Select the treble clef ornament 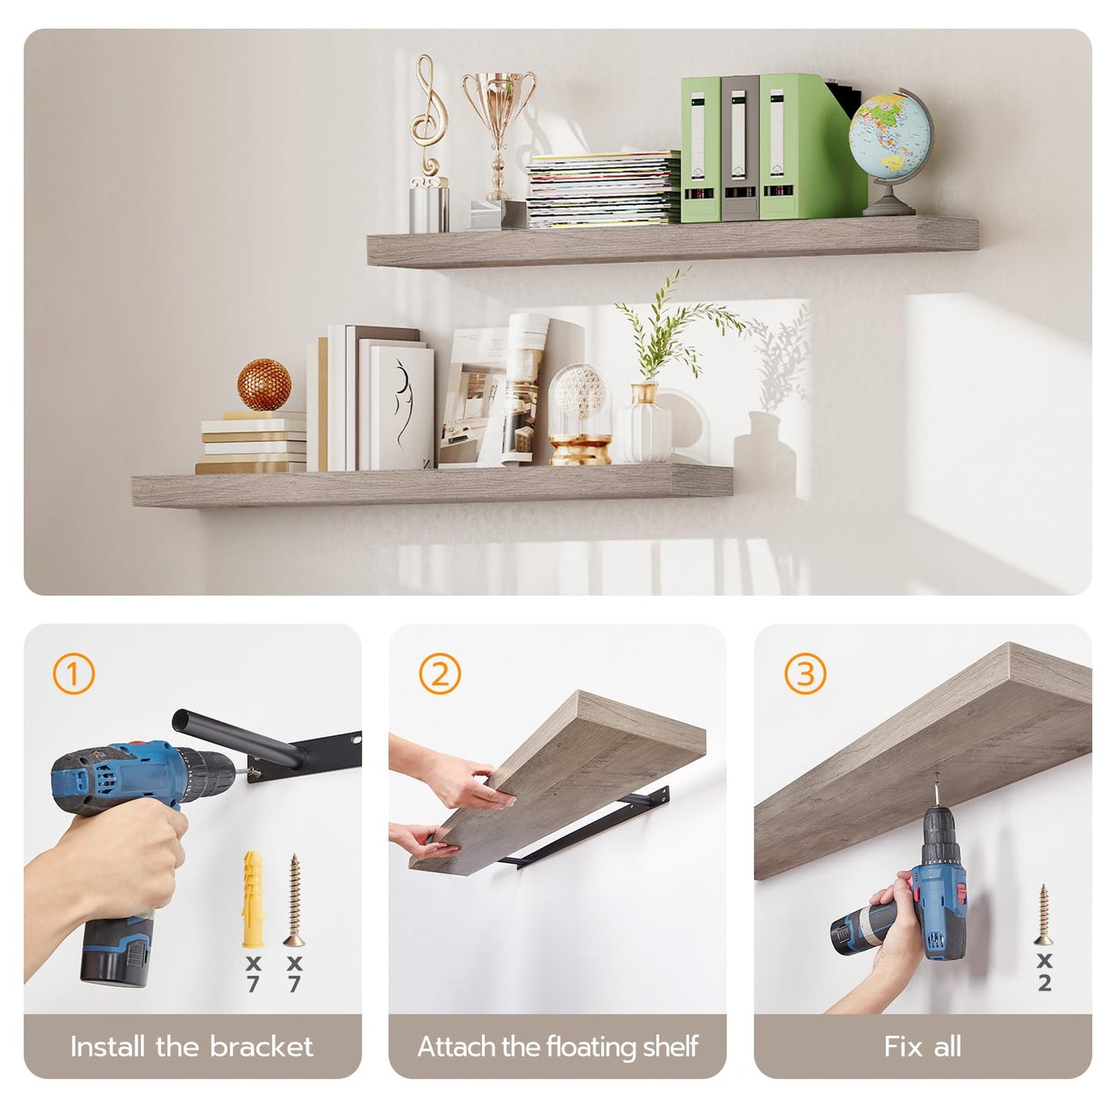click(425, 116)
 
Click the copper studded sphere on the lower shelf click(264, 385)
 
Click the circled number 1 click(73, 673)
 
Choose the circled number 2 click(439, 673)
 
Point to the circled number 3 click(805, 673)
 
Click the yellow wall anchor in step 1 click(254, 899)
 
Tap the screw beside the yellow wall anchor click(293, 900)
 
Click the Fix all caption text click(922, 1046)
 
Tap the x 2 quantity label click(1044, 972)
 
